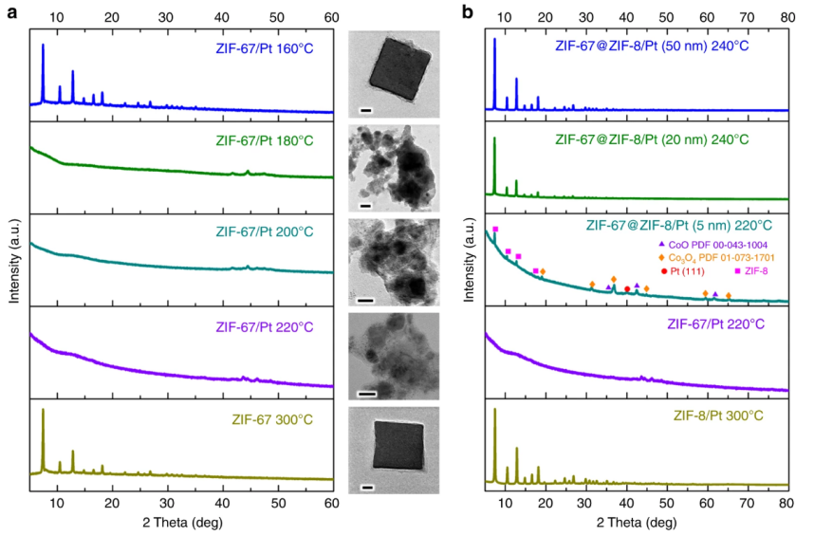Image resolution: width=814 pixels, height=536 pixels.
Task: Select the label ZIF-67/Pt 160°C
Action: pos(270,50)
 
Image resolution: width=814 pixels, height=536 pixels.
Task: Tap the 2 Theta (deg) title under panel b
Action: pos(636,523)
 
